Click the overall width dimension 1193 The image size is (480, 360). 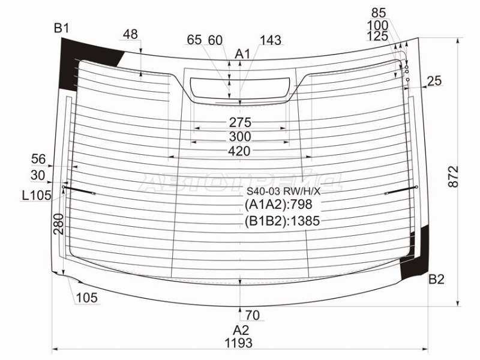coord(239,343)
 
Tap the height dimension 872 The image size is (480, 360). coord(454,176)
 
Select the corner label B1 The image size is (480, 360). coord(62,28)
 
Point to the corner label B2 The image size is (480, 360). coord(436,279)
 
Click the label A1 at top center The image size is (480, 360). coord(242,54)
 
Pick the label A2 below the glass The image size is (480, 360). coord(241,330)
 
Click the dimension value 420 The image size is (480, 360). coord(239,151)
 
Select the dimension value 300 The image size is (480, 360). coord(240,137)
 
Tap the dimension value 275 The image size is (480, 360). coord(241,122)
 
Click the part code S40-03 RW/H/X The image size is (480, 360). coord(283,191)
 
